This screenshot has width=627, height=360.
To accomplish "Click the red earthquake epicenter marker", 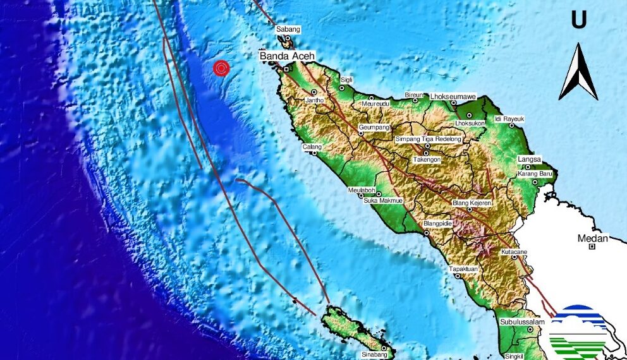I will tap(221, 68).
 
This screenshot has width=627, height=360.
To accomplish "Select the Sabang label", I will tap(288, 30).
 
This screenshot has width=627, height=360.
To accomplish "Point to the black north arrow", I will tap(578, 73).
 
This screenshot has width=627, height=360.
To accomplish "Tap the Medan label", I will tap(593, 238).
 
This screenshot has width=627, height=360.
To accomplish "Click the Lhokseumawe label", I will tap(453, 96).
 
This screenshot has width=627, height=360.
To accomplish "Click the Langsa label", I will tap(530, 159).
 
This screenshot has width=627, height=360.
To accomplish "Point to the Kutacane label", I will tap(514, 252).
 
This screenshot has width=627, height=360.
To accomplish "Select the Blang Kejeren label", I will tap(472, 202).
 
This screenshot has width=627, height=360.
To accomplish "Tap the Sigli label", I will tap(346, 80).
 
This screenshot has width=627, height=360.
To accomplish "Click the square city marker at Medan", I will tap(592, 247).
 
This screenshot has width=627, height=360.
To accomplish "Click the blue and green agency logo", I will tap(578, 332).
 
